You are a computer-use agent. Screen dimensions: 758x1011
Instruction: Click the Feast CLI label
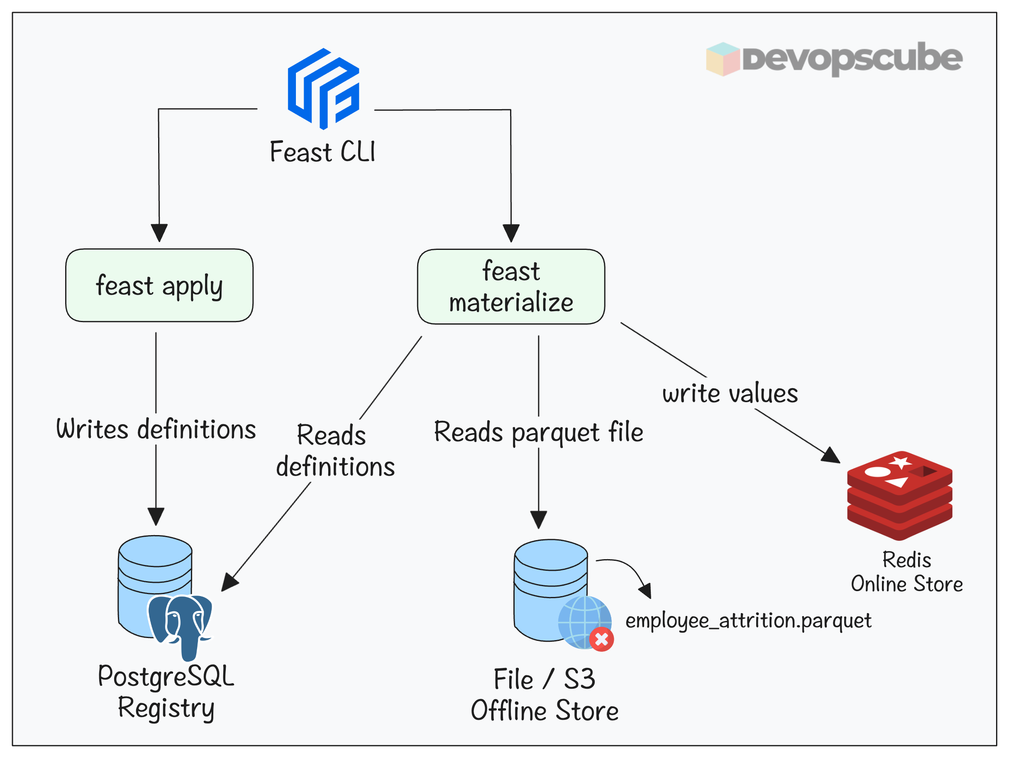[x=322, y=152]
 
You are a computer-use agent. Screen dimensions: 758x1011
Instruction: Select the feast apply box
[x=159, y=285]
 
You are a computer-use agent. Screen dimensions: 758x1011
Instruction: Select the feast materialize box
[x=510, y=287]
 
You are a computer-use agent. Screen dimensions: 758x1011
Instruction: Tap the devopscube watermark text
[x=852, y=59]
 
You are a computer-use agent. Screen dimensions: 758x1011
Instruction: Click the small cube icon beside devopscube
[x=722, y=59]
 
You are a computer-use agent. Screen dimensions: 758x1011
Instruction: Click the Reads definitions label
[x=335, y=450]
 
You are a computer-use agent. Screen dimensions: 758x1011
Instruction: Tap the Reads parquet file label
[x=538, y=432]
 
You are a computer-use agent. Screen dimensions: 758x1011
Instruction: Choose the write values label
[x=730, y=393]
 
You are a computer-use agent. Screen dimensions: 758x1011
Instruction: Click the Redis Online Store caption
[x=906, y=572]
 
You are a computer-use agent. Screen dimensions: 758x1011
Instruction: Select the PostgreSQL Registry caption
[x=166, y=692]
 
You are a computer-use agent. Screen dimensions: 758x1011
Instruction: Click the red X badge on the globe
[x=601, y=639]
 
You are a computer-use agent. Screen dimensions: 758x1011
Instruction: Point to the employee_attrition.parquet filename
[x=748, y=621]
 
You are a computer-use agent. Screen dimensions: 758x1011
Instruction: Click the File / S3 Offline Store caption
[x=544, y=694]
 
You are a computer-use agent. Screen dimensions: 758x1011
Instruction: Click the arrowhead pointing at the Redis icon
[x=831, y=456]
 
